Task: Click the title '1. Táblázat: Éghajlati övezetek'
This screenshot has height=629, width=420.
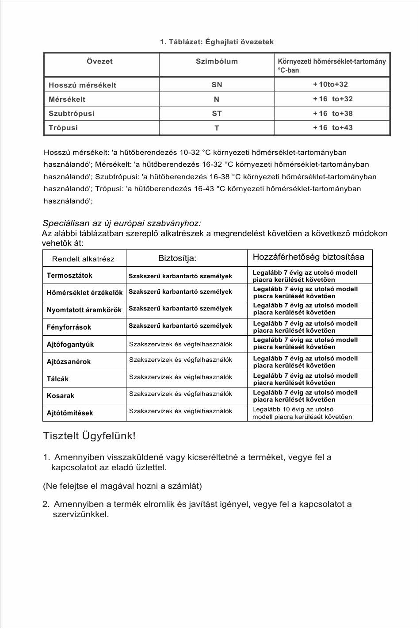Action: click(217, 42)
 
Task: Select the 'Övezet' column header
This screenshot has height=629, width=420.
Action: click(99, 61)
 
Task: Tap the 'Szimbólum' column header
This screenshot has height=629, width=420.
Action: click(217, 61)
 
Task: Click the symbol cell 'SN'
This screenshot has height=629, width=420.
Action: click(217, 84)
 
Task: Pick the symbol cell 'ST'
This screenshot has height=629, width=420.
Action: click(217, 113)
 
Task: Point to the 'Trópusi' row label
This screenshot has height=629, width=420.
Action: click(63, 127)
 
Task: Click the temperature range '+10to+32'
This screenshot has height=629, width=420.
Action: click(330, 84)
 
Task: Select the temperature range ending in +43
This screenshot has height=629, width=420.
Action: click(332, 127)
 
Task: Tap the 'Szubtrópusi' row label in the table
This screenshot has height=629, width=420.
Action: click(72, 113)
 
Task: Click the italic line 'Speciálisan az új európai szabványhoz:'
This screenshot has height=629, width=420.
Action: click(122, 223)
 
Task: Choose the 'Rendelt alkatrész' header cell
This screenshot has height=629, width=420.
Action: click(83, 259)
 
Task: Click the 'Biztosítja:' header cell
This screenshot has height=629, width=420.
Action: click(177, 258)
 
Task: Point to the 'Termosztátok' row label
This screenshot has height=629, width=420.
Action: click(69, 275)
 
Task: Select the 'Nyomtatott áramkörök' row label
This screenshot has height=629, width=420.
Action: click(84, 310)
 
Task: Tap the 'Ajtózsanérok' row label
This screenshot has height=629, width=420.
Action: click(69, 361)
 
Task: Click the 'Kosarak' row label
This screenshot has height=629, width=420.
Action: click(61, 395)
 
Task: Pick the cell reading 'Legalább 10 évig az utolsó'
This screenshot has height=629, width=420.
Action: click(293, 409)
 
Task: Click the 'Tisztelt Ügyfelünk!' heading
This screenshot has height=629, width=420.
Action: click(89, 436)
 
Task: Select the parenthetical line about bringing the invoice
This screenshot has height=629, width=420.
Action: click(122, 486)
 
